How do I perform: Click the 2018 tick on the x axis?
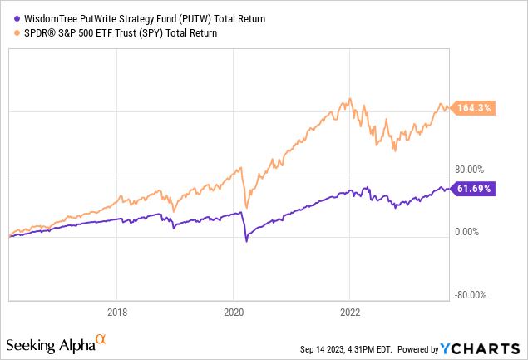117,313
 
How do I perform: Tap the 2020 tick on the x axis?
234,313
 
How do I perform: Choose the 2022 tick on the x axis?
350,313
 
